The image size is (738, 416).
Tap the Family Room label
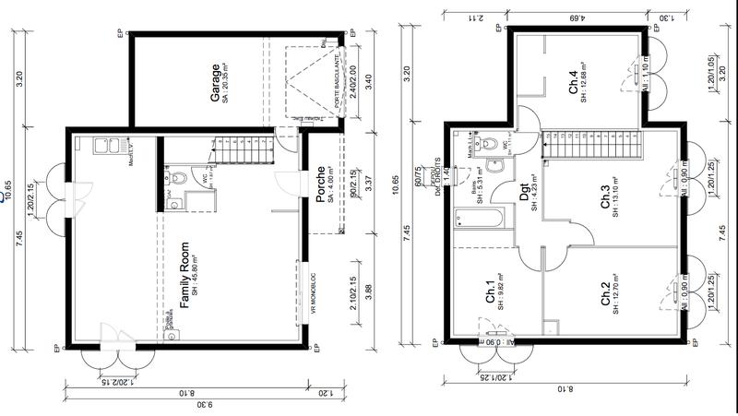tap(184, 275)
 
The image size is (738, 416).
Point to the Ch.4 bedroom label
tap(573, 84)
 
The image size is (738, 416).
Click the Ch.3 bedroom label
tap(605, 198)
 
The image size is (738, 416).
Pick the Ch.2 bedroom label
tap(605, 294)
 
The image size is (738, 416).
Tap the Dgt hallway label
tap(523, 195)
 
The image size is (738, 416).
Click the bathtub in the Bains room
tap(480, 220)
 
